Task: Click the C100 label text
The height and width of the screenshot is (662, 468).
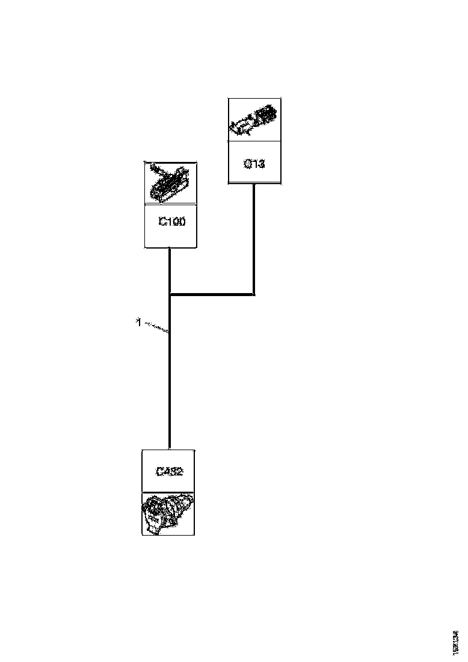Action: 171,222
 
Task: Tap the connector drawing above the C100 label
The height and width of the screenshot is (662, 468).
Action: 170,184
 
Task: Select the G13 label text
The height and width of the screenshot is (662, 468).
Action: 254,163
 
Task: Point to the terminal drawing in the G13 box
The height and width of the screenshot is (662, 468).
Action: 254,120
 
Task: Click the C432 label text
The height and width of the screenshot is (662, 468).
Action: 169,472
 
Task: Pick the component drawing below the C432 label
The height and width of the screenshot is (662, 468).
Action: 168,513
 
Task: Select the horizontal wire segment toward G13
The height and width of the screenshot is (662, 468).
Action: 212,295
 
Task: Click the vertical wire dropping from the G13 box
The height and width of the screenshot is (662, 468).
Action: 254,241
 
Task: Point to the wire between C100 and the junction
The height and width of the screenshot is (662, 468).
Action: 170,271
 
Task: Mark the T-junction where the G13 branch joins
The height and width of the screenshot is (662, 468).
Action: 170,295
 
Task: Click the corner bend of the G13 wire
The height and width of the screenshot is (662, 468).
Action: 254,295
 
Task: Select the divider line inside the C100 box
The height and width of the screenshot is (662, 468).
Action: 170,205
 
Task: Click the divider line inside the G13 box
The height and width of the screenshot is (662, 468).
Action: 254,141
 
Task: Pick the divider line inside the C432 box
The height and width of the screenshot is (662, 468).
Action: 168,492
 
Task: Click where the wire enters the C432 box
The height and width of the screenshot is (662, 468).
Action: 170,449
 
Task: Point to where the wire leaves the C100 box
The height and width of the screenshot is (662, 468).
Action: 170,248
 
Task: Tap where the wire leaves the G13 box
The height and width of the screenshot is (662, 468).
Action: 254,184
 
